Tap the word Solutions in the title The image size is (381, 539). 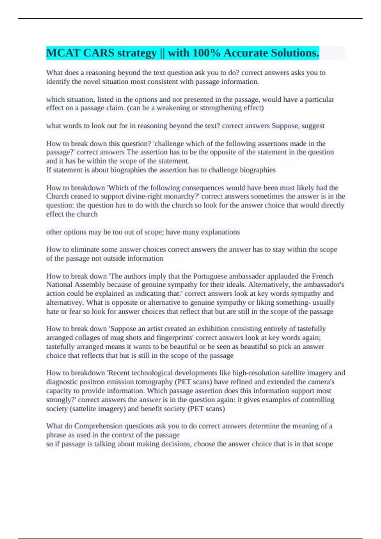coord(295,53)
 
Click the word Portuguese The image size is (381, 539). coord(212,276)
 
